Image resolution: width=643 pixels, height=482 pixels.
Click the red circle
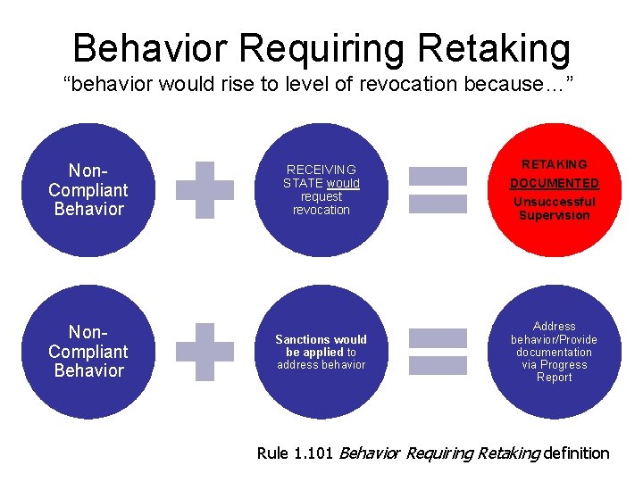point(554,190)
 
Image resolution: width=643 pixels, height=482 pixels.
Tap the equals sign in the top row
point(438,189)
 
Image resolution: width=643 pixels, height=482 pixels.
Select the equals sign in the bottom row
point(438,351)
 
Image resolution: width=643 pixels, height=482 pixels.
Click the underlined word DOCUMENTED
point(554,183)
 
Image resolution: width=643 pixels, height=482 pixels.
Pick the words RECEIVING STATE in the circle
point(321,176)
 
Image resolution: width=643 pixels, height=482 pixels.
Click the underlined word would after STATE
point(343,183)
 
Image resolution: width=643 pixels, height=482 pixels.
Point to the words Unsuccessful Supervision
point(554,208)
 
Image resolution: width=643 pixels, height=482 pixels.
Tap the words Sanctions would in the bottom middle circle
point(321,339)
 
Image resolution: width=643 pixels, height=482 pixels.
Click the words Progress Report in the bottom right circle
point(554,371)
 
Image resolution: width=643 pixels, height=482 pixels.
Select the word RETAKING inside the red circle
point(554,164)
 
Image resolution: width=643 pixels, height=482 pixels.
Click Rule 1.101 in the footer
point(296,453)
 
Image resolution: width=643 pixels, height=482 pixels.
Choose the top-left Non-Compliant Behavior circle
point(88,190)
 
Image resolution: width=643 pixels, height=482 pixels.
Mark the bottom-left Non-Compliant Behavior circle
point(88,352)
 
